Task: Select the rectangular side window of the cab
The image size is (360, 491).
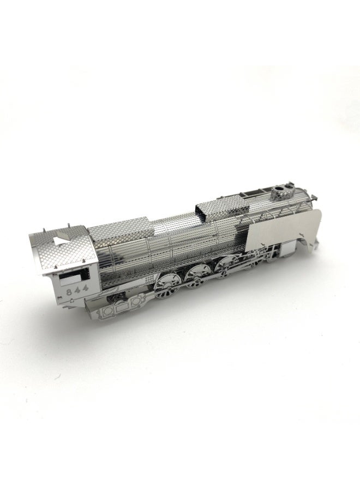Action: point(71,277)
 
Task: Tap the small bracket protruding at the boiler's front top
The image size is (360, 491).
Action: point(313,195)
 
